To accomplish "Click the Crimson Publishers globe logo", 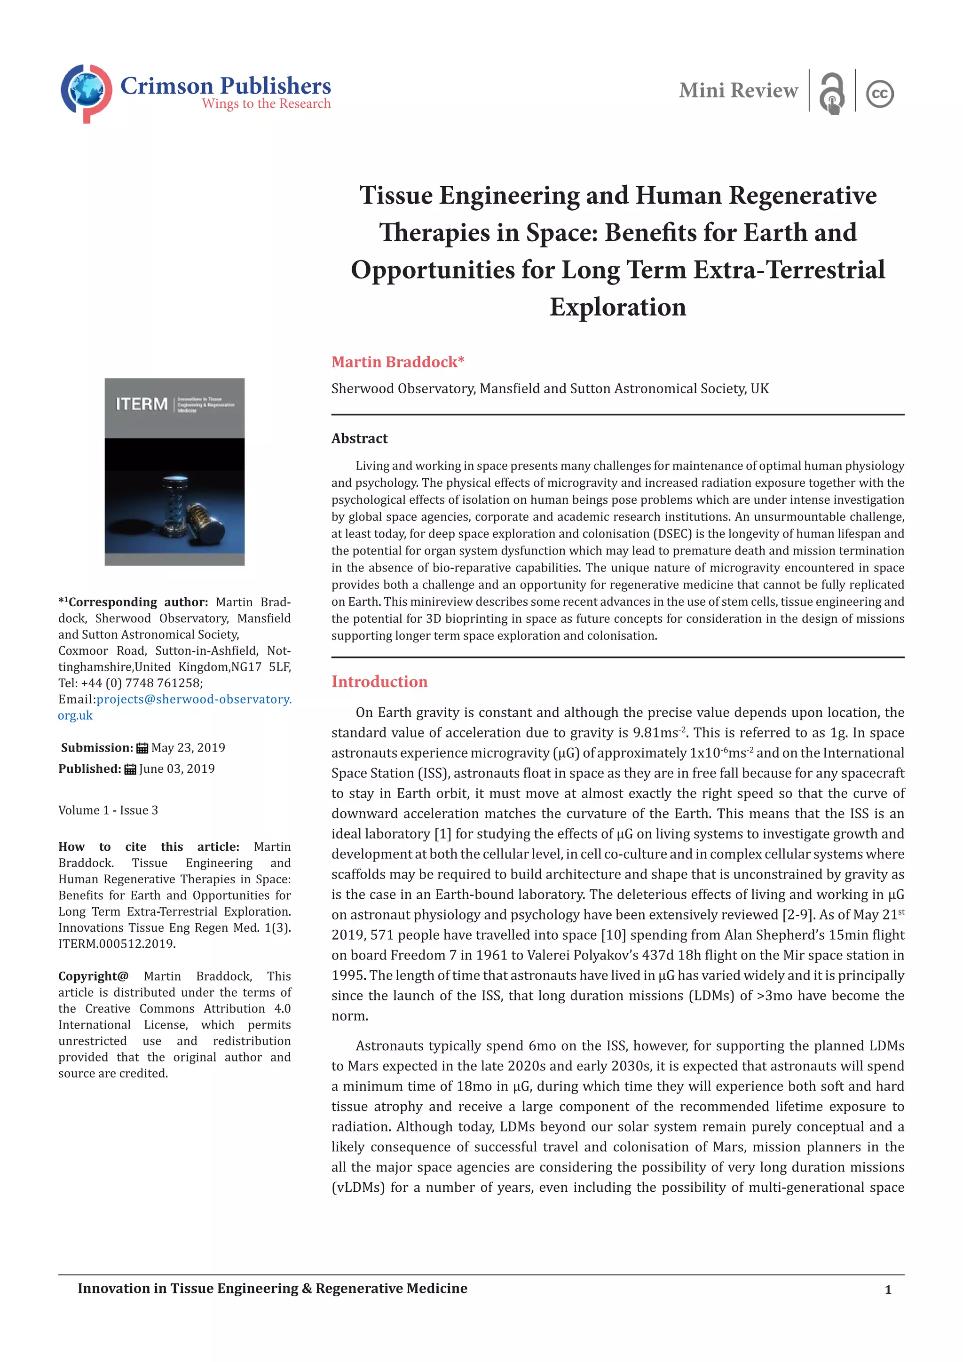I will (87, 93).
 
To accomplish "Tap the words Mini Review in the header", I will (738, 91).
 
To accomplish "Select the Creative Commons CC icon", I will (879, 94).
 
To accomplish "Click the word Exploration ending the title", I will (617, 307).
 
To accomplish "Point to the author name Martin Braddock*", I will (397, 362).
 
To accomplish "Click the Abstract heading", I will (359, 438).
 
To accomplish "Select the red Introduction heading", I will (379, 681).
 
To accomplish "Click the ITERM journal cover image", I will (174, 472).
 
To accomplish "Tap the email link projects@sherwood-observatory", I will (194, 699).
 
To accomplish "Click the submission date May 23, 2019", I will (188, 747).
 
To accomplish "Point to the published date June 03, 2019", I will (177, 769).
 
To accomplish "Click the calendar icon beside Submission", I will (142, 748).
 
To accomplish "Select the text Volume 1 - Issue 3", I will (108, 810).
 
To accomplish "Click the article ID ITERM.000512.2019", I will (117, 944).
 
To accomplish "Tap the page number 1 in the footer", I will (888, 1290).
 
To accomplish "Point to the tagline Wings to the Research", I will (266, 104).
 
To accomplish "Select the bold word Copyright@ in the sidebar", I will (93, 976).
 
